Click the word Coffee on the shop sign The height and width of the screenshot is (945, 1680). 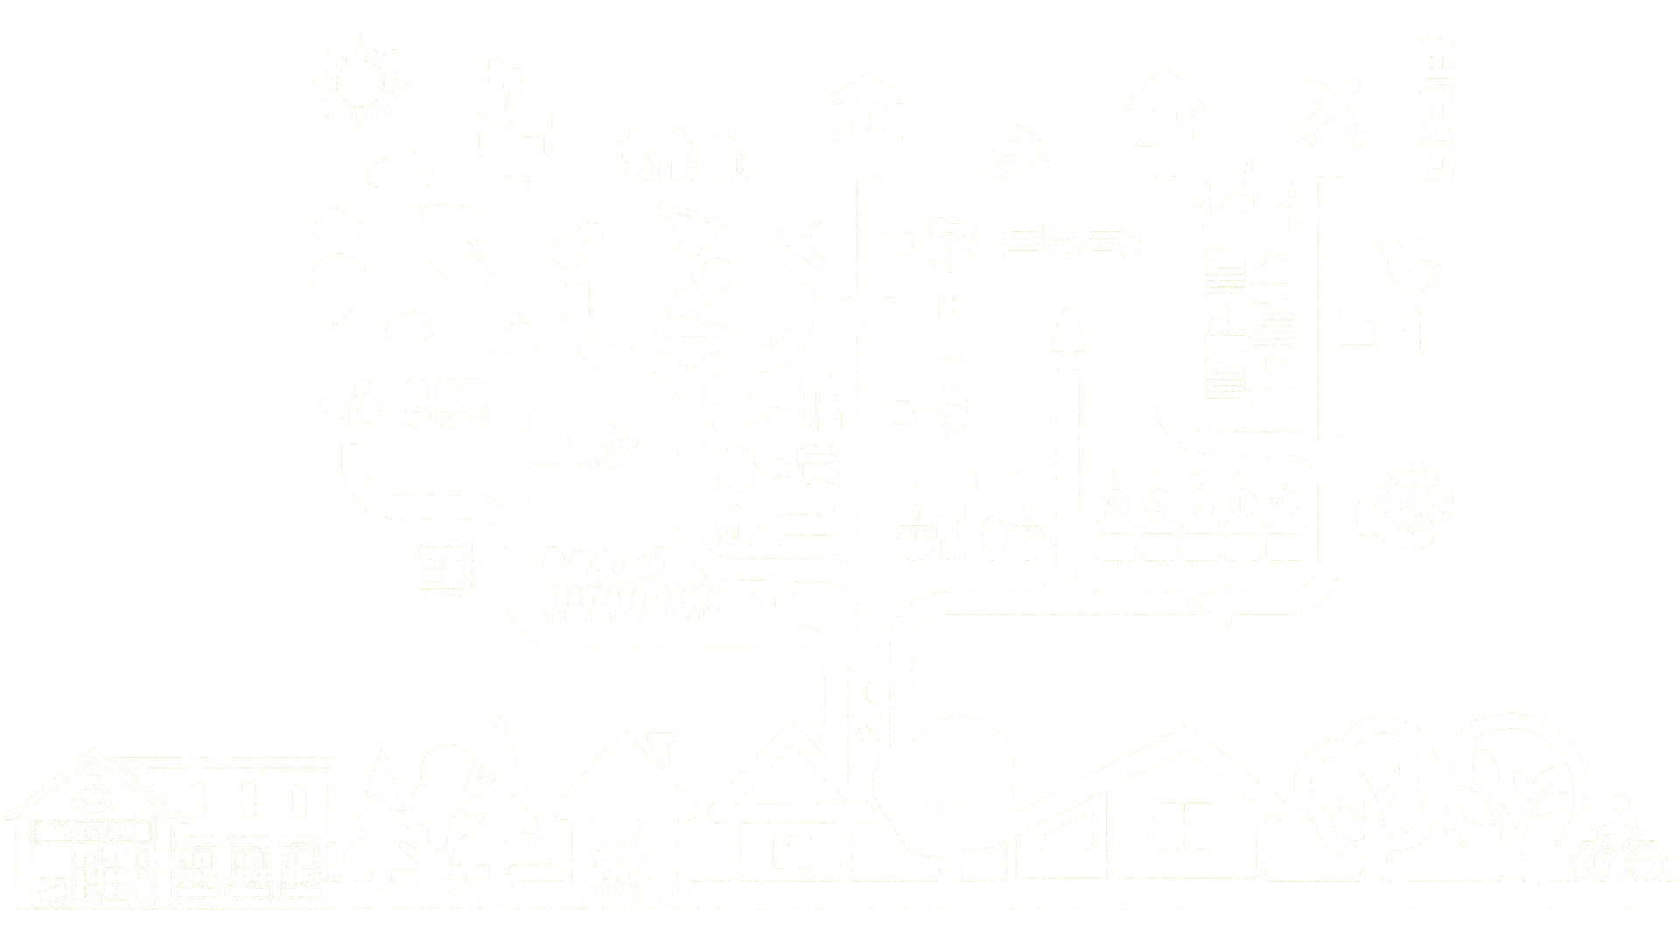coord(94,832)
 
